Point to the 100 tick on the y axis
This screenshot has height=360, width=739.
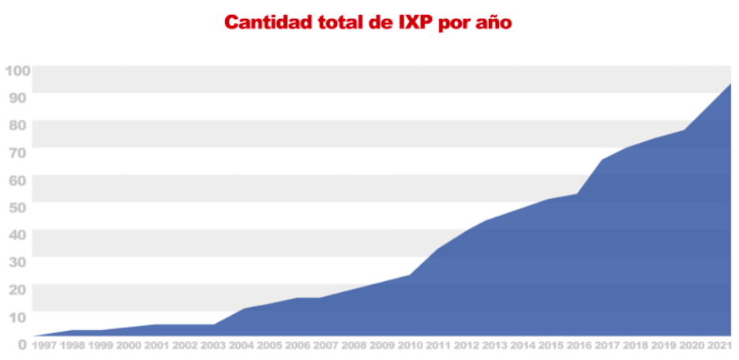point(17,70)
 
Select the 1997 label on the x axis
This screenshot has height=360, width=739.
point(44,346)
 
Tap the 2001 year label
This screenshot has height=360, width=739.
point(156,346)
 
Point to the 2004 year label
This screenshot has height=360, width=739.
point(242,346)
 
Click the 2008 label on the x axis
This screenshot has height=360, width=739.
point(353,346)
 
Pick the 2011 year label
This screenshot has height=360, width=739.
point(439,346)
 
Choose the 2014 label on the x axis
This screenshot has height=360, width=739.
point(523,346)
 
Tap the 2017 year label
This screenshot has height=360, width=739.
point(606,346)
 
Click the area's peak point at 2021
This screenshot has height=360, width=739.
point(730,84)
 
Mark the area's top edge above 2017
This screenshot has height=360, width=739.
point(602,159)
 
